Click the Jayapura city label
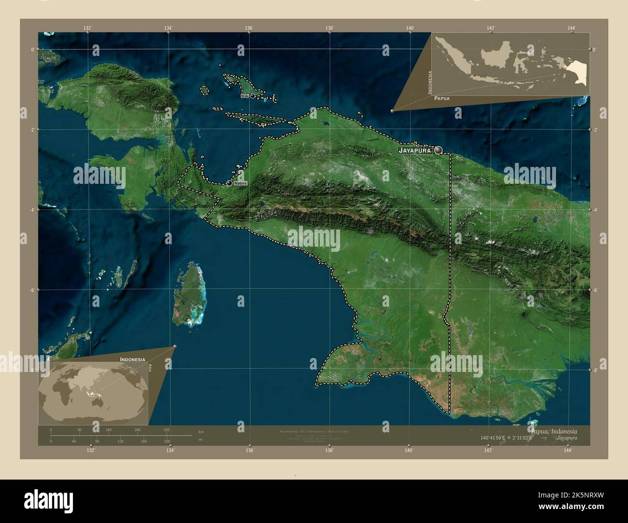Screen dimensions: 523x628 414,151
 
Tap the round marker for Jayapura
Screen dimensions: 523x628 438,151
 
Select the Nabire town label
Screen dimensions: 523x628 240,183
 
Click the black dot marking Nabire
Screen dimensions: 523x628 229,183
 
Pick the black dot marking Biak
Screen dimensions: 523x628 252,96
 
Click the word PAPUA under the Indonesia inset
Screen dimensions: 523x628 442,98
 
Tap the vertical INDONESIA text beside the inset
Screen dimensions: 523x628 429,82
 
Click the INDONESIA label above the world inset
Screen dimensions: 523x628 133,360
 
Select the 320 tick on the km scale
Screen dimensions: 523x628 166,430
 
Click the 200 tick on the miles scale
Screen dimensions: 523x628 167,441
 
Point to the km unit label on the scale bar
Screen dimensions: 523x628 201,431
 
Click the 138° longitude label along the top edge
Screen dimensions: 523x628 329,28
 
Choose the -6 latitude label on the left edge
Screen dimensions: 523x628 32,290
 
